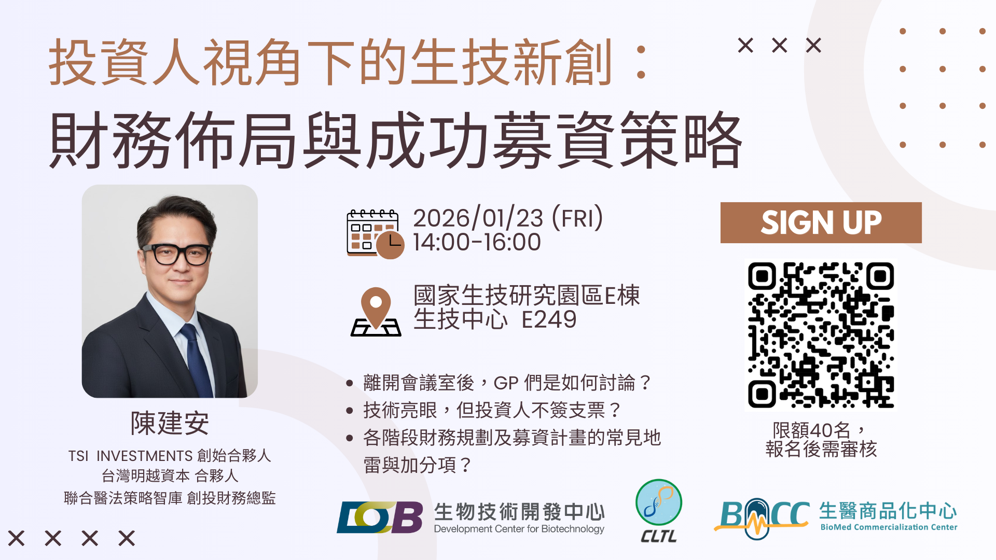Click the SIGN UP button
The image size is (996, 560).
(x=821, y=222)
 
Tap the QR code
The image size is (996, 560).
(x=821, y=335)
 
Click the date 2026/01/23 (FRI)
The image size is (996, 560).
(x=508, y=218)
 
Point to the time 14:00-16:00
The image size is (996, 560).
(x=477, y=242)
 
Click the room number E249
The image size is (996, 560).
(x=549, y=319)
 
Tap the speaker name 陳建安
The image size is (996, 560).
(x=170, y=423)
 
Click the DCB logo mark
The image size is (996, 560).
(x=380, y=517)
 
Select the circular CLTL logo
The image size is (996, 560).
(x=659, y=502)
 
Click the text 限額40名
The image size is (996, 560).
(x=812, y=430)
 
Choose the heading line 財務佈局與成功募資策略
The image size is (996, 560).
(x=396, y=140)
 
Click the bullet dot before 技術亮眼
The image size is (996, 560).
(x=350, y=411)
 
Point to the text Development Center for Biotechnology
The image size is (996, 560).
(x=519, y=529)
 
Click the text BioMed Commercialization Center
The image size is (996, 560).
(x=889, y=527)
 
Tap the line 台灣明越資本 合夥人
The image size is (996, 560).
(x=170, y=475)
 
